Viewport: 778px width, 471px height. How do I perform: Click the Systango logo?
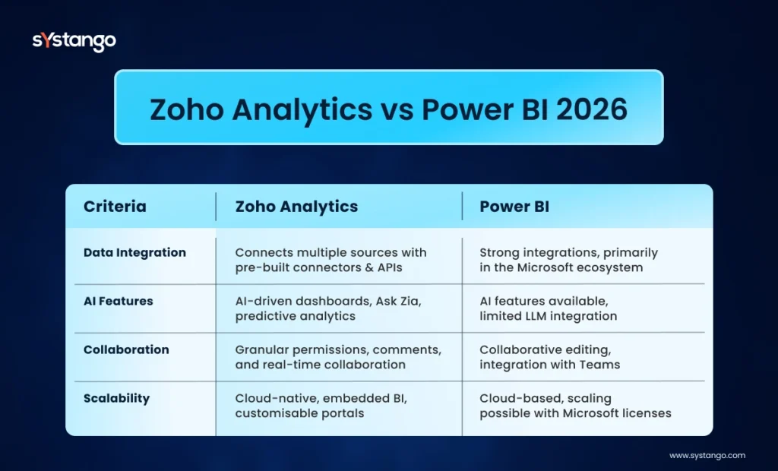[74, 41]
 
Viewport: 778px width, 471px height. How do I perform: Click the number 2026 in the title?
[592, 109]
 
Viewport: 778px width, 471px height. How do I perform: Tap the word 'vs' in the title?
[395, 109]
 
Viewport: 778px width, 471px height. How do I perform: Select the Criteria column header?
[115, 207]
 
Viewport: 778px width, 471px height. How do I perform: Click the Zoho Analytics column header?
[296, 207]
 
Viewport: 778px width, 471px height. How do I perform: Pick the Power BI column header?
[514, 207]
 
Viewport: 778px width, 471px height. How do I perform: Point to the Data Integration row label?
[134, 252]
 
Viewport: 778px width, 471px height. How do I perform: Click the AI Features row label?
[118, 301]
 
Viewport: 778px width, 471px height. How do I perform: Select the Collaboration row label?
[126, 349]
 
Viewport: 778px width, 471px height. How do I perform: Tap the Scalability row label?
[116, 398]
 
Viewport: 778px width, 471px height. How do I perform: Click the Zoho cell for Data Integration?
[330, 259]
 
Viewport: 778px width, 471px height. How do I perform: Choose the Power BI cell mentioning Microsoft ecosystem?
[568, 259]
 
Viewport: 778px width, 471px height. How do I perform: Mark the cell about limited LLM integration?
[547, 308]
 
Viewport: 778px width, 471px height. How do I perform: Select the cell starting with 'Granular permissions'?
[337, 357]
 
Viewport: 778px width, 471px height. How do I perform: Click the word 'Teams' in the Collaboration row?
[602, 365]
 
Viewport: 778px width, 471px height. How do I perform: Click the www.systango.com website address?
[707, 456]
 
